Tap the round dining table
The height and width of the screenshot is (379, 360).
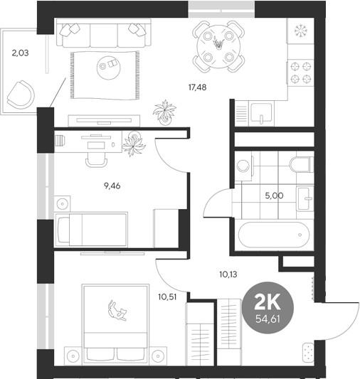click(219, 43)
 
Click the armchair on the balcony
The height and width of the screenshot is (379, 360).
click(22, 93)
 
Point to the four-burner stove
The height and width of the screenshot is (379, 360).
click(301, 72)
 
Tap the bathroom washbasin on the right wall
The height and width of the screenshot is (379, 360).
click(306, 197)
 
